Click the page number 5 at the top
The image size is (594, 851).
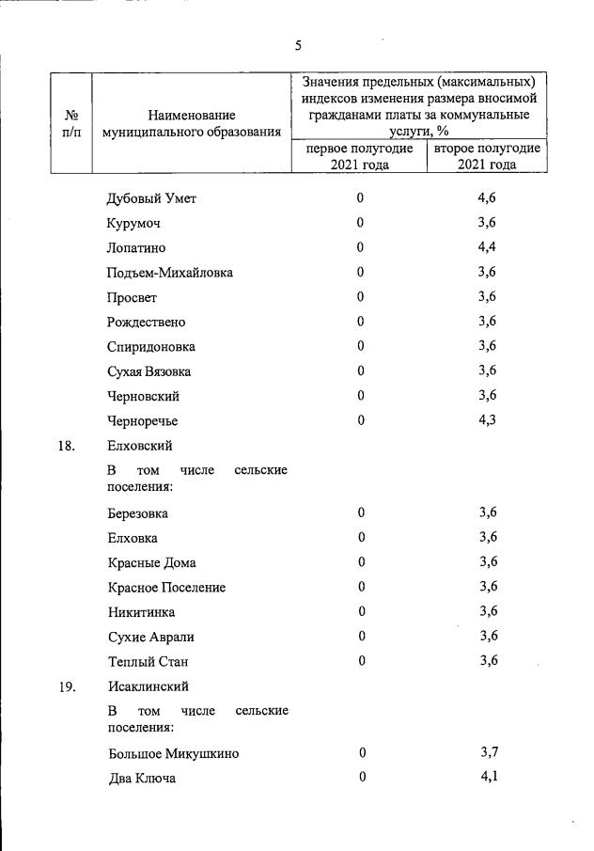point(298,45)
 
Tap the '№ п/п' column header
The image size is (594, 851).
point(70,123)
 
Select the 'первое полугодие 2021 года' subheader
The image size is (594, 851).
point(359,156)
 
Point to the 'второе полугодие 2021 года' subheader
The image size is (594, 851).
point(487,156)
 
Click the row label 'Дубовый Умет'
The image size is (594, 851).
point(151,198)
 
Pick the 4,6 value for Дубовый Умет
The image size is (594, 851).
point(487,198)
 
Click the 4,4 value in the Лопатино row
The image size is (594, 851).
point(487,247)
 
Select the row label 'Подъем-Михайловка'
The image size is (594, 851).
point(170,273)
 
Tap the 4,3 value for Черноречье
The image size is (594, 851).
point(487,418)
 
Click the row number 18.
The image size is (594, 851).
point(66,446)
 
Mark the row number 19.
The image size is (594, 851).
point(66,687)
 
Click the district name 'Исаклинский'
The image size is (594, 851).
point(148,687)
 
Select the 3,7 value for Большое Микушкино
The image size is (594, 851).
point(488,753)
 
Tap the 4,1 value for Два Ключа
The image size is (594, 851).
point(488,778)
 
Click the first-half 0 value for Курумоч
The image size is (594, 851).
point(360,223)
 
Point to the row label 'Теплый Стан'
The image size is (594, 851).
point(148,661)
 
